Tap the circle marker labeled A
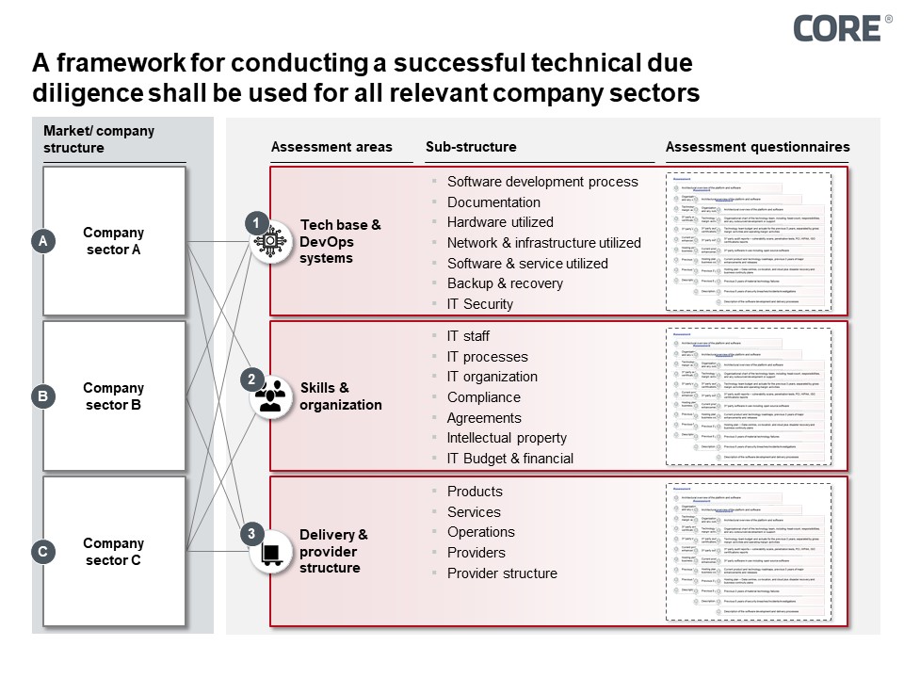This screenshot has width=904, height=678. [42, 242]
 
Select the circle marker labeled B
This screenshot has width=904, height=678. [42, 396]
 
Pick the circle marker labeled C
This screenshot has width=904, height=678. [42, 552]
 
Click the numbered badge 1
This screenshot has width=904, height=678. [253, 224]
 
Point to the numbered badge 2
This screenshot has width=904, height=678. [251, 379]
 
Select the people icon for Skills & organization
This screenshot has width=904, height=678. [270, 397]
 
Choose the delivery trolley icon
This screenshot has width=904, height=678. [270, 553]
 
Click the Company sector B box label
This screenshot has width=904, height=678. [114, 396]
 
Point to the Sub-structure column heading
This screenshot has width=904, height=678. [471, 147]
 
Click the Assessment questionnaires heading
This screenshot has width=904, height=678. [757, 147]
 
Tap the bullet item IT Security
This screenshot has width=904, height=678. [480, 304]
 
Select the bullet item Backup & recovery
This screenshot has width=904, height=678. [505, 283]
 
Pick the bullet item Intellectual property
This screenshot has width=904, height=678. [507, 438]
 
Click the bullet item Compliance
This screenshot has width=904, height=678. [483, 397]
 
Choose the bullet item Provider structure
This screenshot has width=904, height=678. [502, 573]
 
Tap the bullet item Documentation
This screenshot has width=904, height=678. [493, 202]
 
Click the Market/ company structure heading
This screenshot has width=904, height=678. [98, 139]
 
